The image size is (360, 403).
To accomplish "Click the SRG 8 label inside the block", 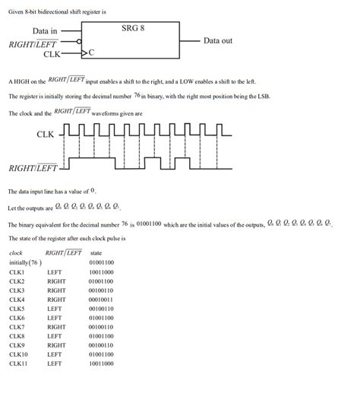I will point(133,28).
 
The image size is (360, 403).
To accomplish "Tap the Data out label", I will point(218,40).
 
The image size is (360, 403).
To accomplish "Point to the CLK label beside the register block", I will point(52,54).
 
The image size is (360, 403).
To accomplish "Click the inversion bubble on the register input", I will point(79,43).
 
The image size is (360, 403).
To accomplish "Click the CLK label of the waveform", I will point(46,135).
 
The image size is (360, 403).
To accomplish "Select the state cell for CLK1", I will point(101,271).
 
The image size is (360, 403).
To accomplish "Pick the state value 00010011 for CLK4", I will point(101,299).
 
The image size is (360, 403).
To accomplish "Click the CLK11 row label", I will point(18,363).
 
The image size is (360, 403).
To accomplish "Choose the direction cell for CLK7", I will point(56,327).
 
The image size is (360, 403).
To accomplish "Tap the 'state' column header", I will point(96,252).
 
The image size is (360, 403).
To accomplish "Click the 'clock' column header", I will point(16,252).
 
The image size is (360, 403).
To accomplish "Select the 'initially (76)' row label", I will point(26,262).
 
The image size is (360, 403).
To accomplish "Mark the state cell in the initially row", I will point(101,262).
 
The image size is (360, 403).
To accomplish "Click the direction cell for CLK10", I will point(54,354).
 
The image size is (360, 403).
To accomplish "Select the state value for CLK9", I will point(101,345).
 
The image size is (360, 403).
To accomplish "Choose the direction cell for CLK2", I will point(56,281).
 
